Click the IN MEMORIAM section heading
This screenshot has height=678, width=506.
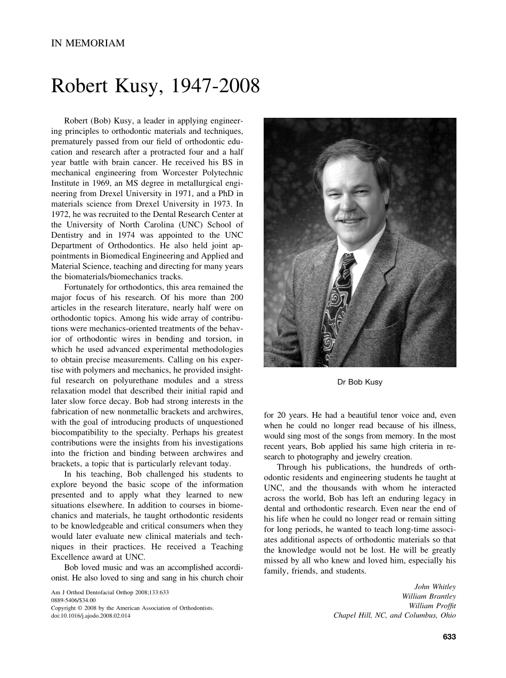click(88, 43)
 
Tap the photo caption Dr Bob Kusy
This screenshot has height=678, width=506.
click(360, 382)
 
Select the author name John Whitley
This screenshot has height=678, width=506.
click(435, 587)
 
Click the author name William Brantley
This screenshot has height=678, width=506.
click(429, 596)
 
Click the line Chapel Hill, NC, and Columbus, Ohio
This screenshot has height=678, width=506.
click(395, 615)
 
